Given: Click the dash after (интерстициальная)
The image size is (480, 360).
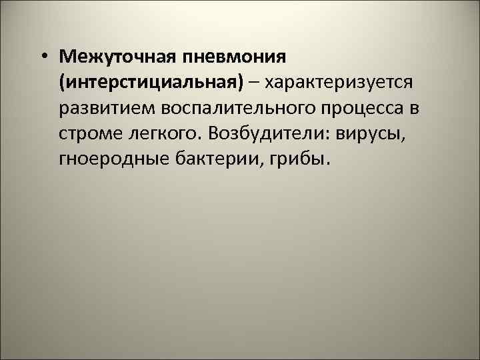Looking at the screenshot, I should tap(256, 81).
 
